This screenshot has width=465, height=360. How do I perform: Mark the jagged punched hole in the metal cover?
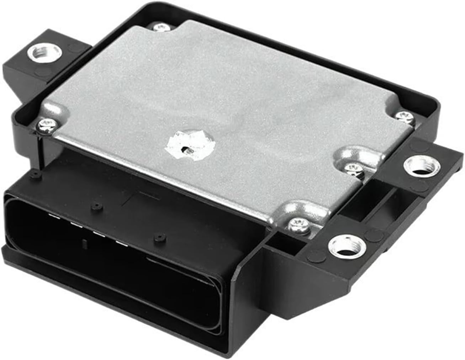click(x=187, y=145)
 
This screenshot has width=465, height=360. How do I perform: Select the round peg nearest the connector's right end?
click(x=158, y=236)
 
